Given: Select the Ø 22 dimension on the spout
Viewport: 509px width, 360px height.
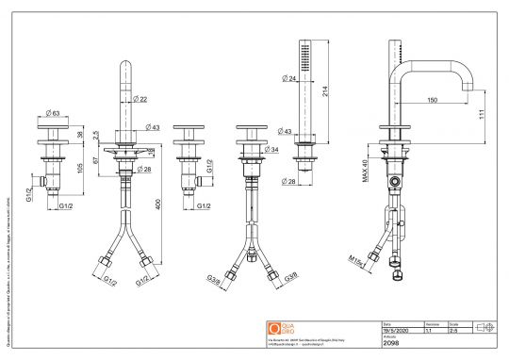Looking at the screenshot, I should [140, 99].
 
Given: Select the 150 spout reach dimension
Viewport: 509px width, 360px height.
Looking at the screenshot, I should [431, 100].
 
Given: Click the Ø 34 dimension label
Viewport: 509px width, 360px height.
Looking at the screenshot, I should [272, 149].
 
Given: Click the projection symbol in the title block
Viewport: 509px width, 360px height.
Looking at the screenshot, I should [485, 327].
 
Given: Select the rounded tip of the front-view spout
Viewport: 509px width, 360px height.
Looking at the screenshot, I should [125, 65].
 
